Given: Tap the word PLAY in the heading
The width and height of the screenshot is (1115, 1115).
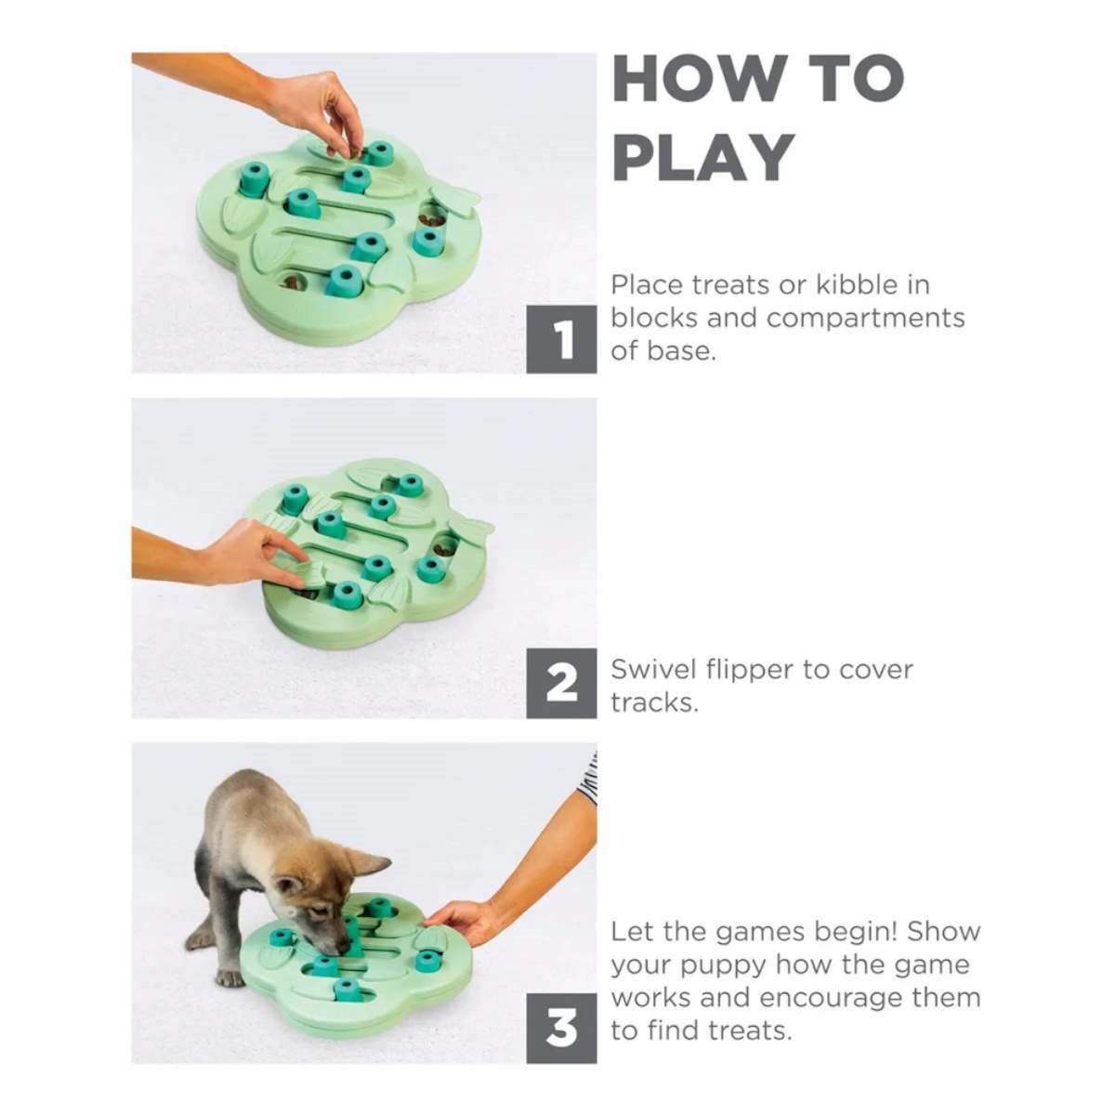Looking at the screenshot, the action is pyautogui.click(x=702, y=156).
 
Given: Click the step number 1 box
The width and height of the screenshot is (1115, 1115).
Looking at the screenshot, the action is pyautogui.click(x=561, y=339).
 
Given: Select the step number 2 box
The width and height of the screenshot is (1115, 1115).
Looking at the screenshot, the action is pyautogui.click(x=561, y=683).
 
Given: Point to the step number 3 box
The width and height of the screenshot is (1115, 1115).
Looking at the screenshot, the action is pyautogui.click(x=561, y=1029).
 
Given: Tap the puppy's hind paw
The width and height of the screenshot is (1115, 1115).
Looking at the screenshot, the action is pyautogui.click(x=230, y=977).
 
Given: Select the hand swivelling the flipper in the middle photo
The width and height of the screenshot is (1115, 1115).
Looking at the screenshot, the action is pyautogui.click(x=260, y=555).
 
